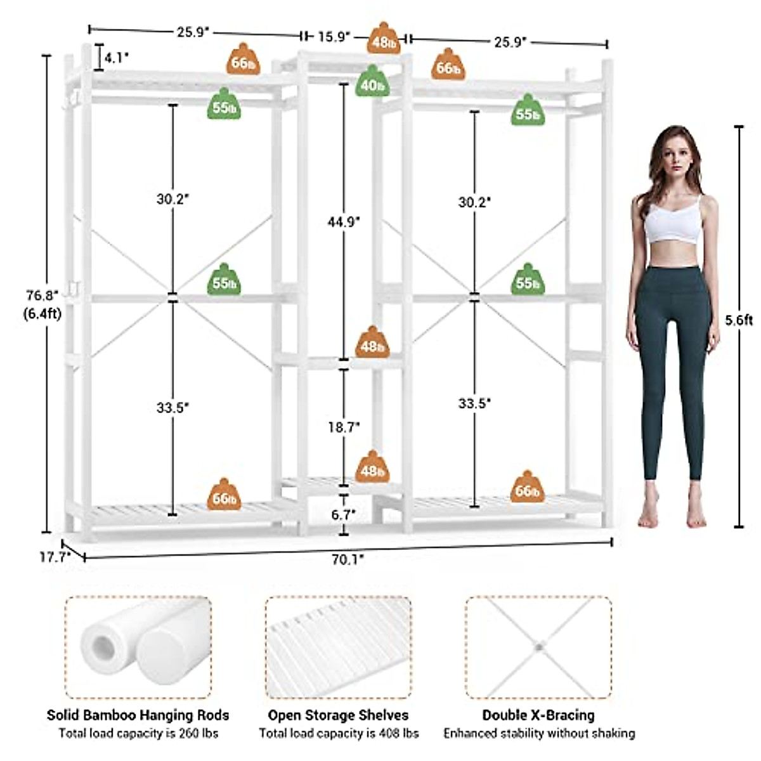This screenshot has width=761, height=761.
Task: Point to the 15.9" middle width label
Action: (334, 37)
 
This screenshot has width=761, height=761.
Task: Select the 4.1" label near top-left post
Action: (117, 58)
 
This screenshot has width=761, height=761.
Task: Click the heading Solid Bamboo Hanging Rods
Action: (138, 715)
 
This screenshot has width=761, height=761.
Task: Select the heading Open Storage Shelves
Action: (338, 715)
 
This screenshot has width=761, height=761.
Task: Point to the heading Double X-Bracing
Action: (538, 715)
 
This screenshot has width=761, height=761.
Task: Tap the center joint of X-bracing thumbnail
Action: (539, 647)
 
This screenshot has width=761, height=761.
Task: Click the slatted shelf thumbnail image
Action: (338, 647)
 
